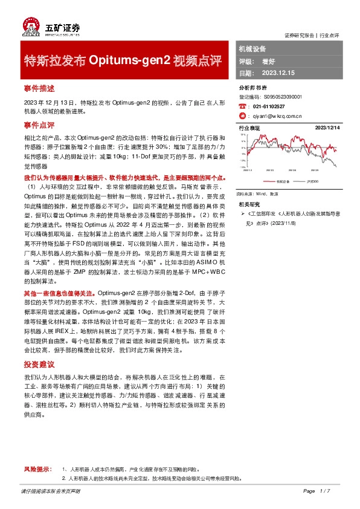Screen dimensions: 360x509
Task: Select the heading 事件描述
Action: pyautogui.click(x=39, y=88)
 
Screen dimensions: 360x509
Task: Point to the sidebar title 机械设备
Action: pyautogui.click(x=252, y=48)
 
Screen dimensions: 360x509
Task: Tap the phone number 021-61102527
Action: pyautogui.click(x=269, y=105)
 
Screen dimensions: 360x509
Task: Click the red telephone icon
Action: pyautogui.click(x=243, y=105)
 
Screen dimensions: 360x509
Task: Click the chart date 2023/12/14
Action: pyautogui.click(x=328, y=128)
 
